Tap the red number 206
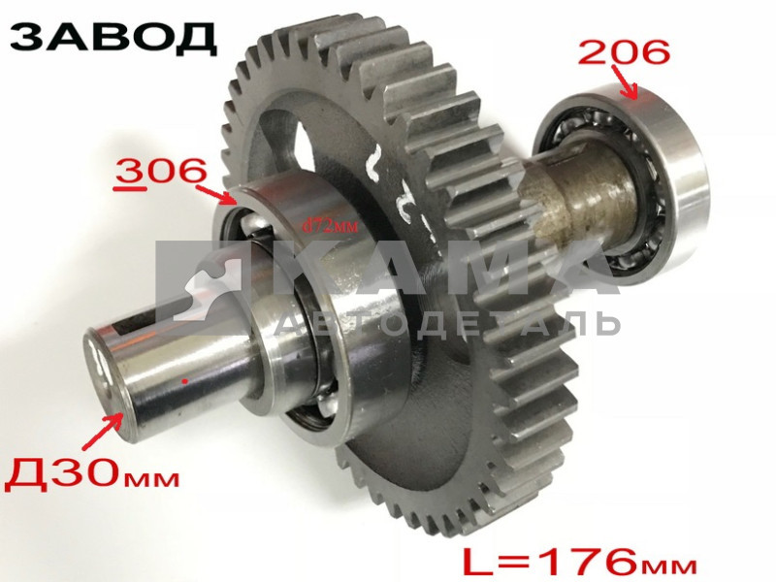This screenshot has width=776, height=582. pyautogui.click(x=624, y=52)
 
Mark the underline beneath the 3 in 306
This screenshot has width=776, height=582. pyautogui.click(x=123, y=190)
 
